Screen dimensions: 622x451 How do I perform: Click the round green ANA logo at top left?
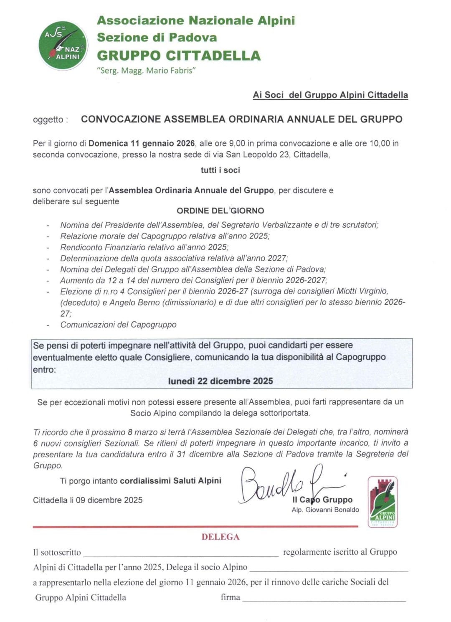[x=63, y=46]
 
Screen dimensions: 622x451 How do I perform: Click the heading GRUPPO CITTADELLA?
[x=179, y=56]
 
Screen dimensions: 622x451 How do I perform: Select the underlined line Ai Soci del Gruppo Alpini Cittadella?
[x=330, y=95]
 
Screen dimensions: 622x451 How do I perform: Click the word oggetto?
[x=48, y=119]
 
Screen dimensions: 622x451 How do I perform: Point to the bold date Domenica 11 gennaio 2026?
[x=142, y=143]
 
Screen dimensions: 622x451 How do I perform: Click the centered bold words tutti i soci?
[x=220, y=170]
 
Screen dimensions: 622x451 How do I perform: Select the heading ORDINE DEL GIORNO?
[x=220, y=211]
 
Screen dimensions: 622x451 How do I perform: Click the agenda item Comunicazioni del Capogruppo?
[x=118, y=325]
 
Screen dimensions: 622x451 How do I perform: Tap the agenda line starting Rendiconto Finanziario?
[x=144, y=247]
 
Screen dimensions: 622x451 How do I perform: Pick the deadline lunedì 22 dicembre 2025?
[x=220, y=381]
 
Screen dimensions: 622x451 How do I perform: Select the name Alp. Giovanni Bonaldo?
[x=325, y=510]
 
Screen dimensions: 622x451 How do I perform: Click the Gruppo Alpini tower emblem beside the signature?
[x=383, y=501]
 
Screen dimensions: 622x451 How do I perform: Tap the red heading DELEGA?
[x=220, y=537]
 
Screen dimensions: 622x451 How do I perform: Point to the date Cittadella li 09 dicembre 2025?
[x=88, y=500]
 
